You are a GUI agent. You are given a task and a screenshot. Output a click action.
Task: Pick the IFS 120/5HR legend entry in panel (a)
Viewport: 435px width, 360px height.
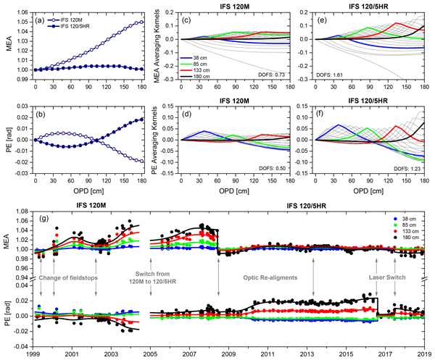[x=74, y=27]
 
